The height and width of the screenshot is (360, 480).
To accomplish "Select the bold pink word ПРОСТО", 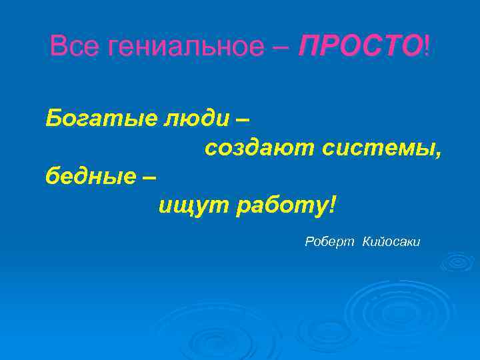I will tap(359, 47).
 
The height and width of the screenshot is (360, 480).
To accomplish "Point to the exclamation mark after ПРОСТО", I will tap(426, 47).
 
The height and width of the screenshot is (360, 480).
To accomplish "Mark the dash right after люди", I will tap(244, 120).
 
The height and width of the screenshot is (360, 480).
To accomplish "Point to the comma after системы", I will tap(438, 155).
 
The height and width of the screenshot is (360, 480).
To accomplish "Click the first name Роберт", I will tap(330, 242).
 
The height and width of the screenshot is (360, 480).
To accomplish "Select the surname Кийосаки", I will tap(391, 242).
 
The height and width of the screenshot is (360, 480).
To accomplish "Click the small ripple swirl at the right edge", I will tap(457, 261).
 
